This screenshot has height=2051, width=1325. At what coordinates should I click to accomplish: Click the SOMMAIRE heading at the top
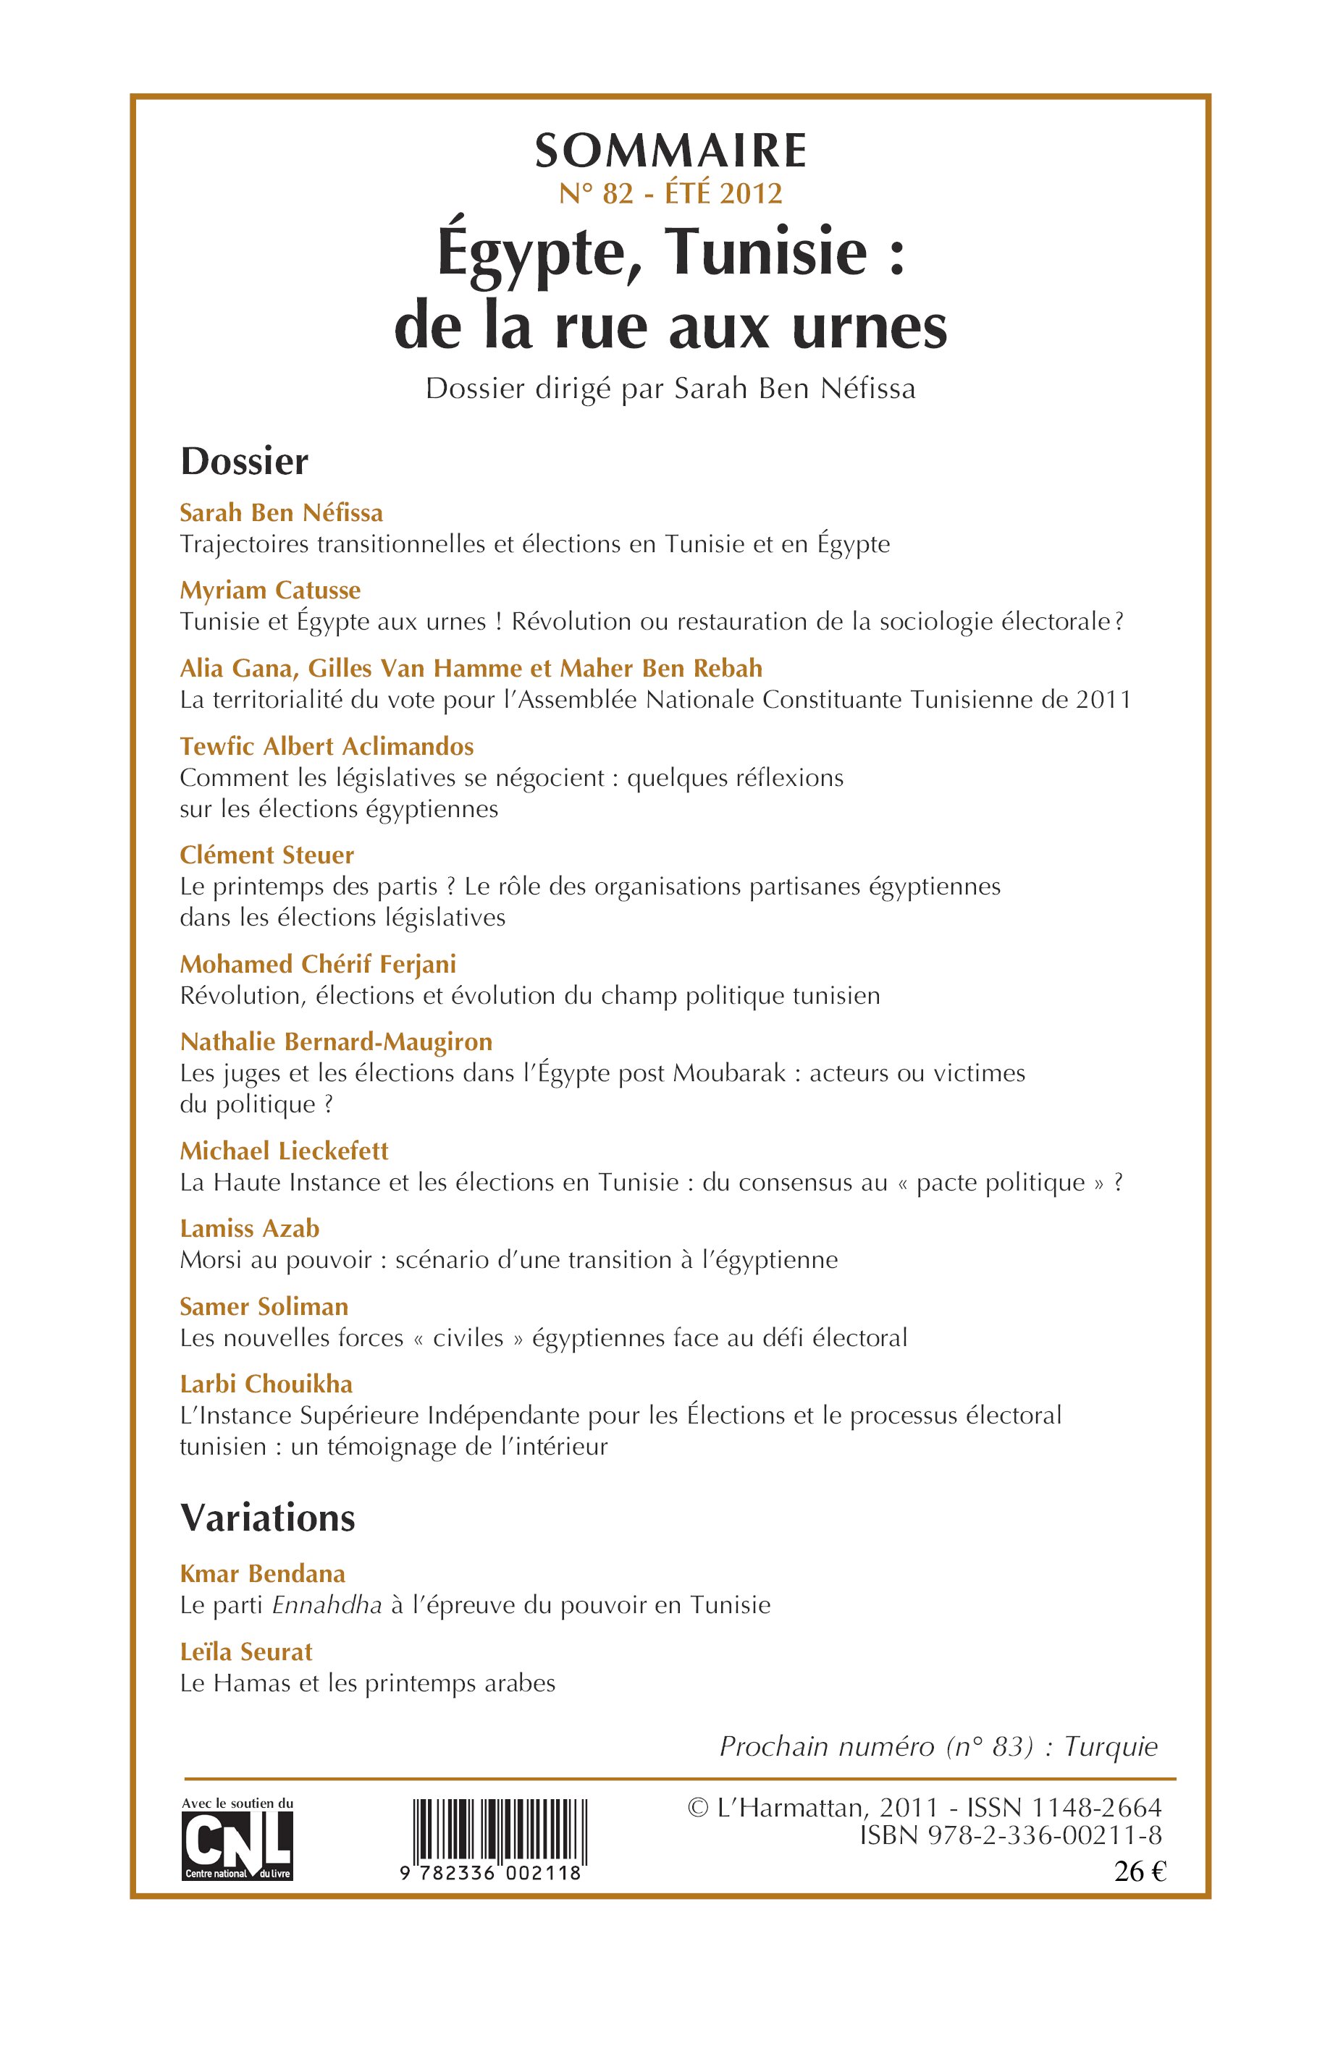670,151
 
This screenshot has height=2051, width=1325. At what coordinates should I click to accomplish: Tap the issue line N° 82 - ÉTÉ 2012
670,193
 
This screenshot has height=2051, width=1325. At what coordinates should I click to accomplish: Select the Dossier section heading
243,462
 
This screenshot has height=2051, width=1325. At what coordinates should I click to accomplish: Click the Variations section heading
268,1518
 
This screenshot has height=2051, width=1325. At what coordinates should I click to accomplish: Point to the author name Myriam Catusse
269,590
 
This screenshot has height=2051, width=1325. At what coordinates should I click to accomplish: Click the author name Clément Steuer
266,855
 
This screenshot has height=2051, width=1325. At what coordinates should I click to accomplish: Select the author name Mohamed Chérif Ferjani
317,964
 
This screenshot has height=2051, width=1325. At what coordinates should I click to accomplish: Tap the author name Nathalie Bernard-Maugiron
335,1041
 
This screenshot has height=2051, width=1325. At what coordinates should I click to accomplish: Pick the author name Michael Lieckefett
284,1151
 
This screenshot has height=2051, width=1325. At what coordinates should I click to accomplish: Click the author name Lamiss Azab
250,1228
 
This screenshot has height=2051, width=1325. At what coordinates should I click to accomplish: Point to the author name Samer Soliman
264,1306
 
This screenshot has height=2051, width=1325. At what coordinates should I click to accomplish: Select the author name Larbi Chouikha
266,1384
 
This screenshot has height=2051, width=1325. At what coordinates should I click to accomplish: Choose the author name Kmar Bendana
262,1574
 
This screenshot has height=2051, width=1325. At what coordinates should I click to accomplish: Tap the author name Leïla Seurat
246,1651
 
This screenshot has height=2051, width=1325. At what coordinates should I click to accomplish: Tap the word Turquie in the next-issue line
1111,1746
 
